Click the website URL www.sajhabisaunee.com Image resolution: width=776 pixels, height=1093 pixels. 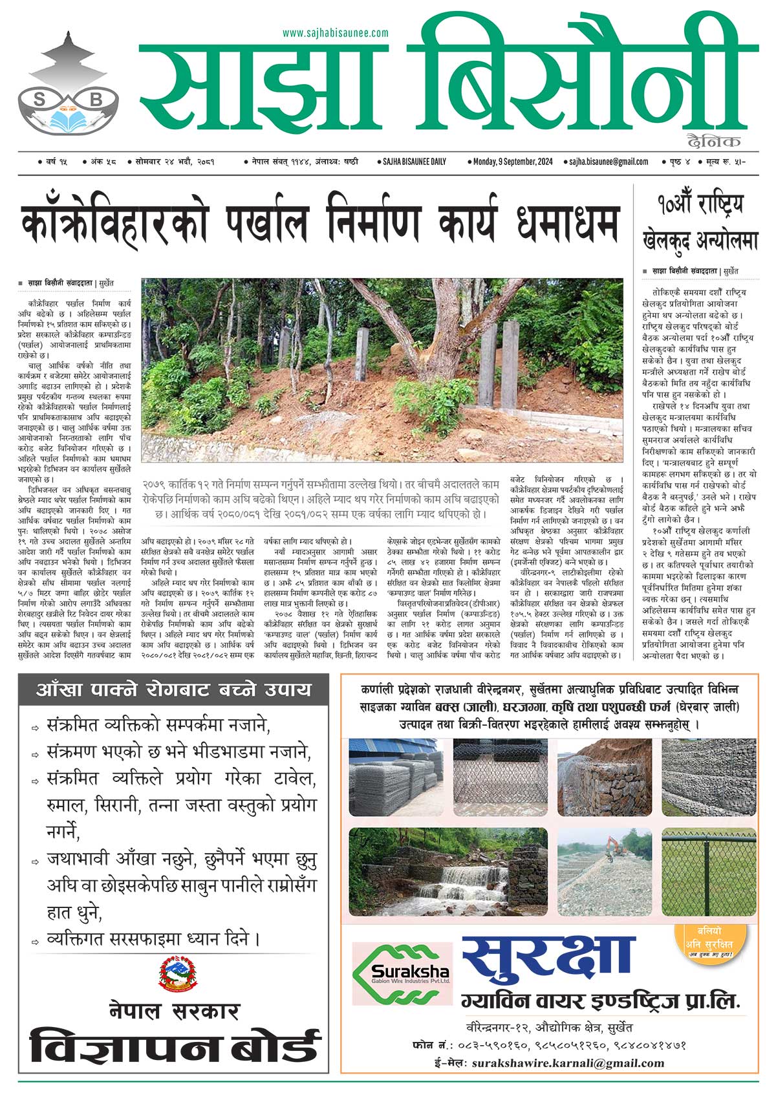[335, 33]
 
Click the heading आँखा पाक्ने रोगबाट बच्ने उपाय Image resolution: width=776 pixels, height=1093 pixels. [174, 690]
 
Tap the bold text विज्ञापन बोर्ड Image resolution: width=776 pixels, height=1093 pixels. [175, 1048]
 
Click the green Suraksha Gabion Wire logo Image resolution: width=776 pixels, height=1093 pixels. [402, 973]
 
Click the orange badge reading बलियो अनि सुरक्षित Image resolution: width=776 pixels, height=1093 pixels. [709, 944]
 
